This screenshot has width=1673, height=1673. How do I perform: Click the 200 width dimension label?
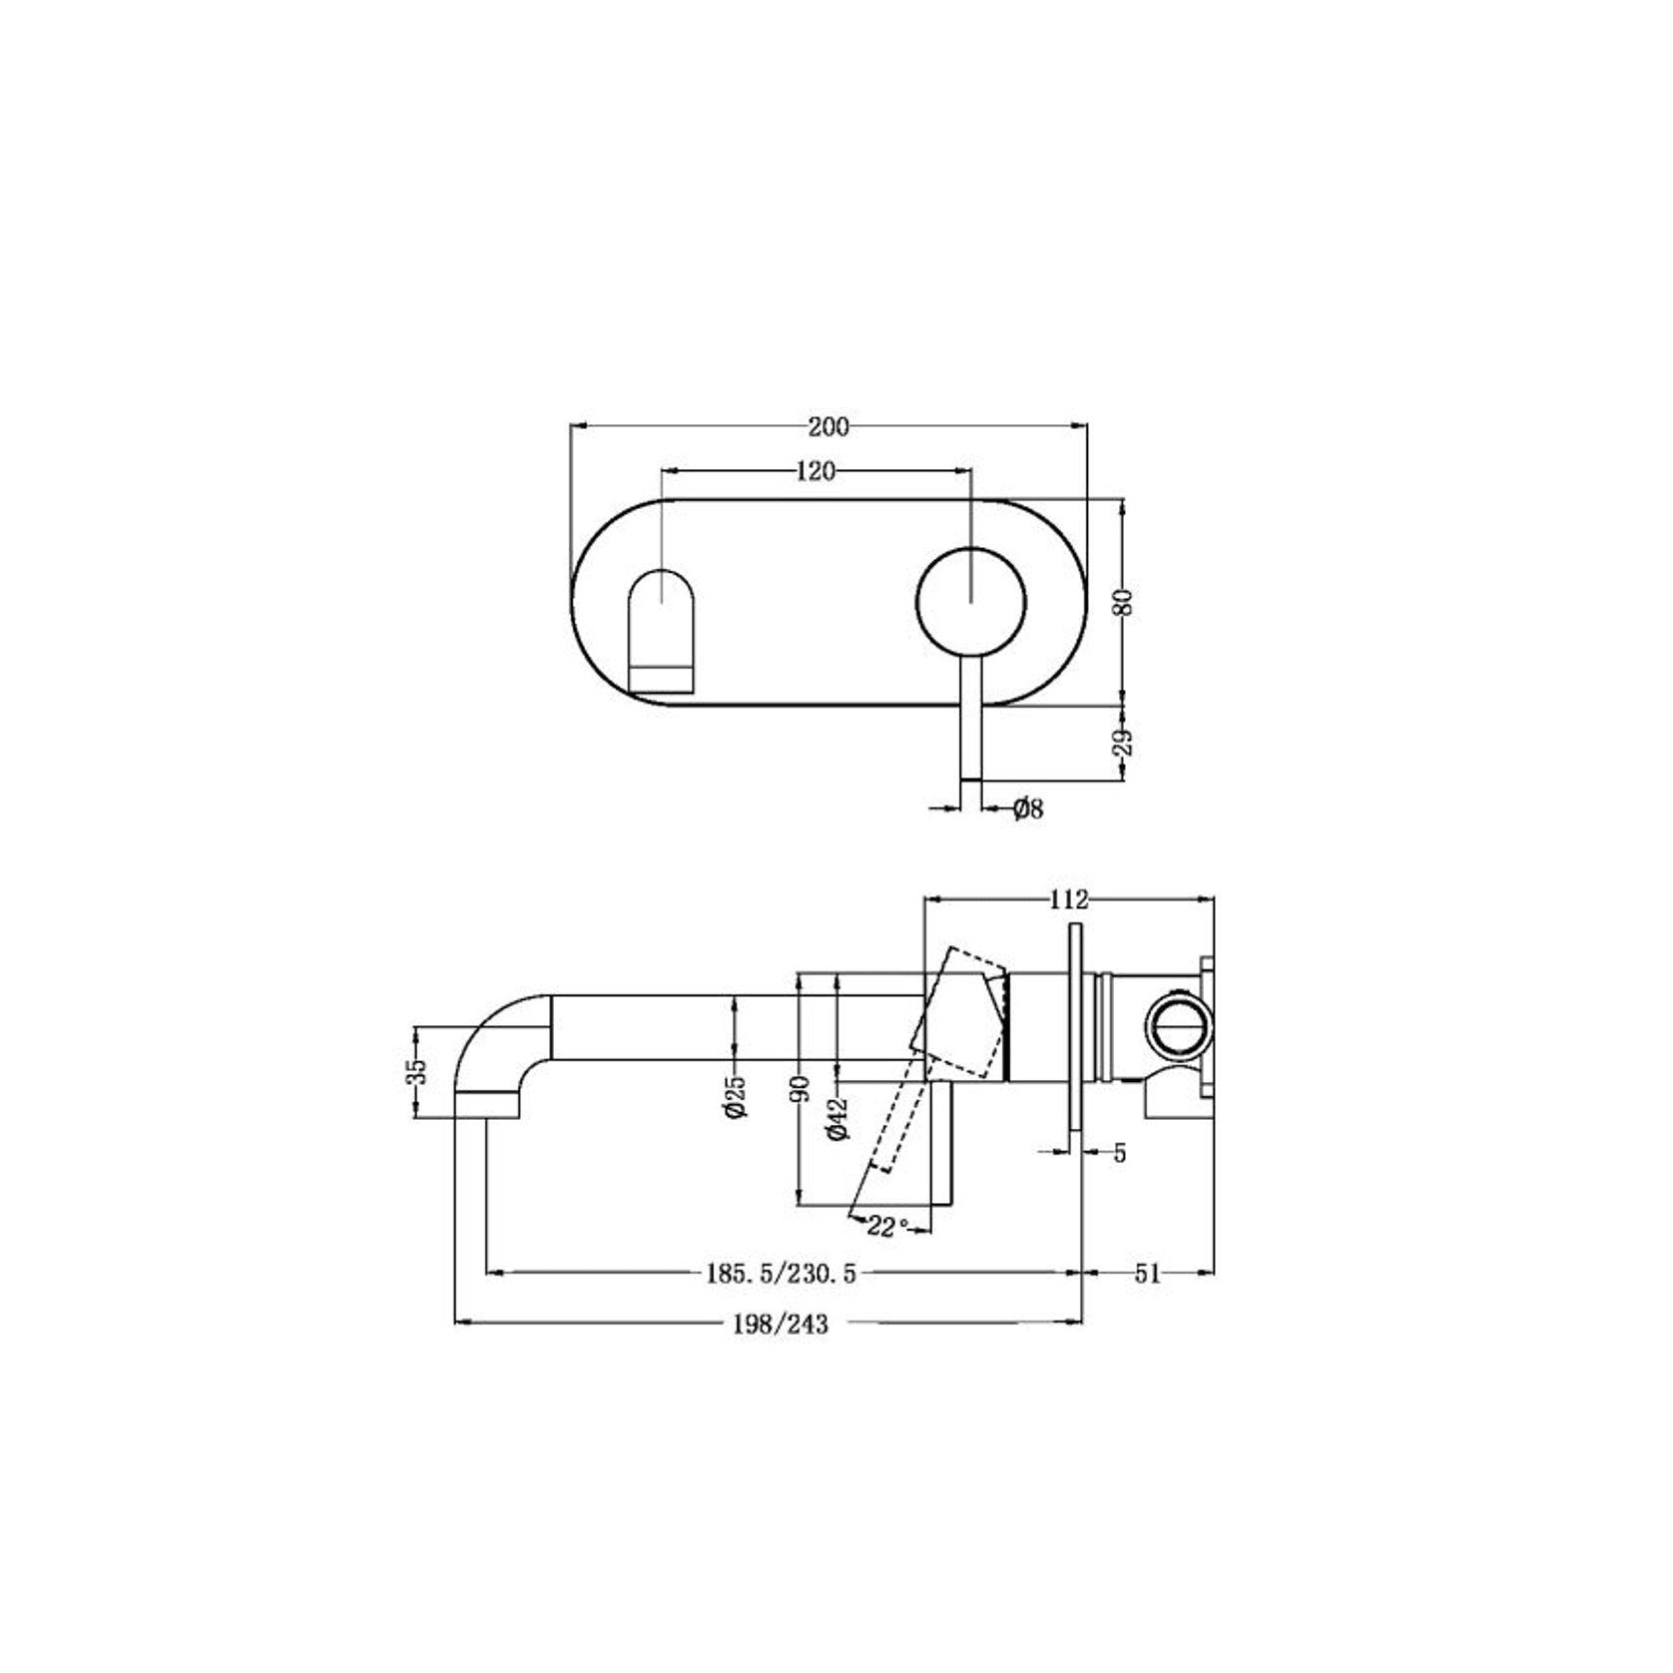point(828,427)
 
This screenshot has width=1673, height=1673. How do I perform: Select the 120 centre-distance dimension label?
point(816,471)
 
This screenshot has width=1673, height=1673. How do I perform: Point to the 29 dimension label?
point(1124,743)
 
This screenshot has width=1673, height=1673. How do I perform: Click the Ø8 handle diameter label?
point(1027,809)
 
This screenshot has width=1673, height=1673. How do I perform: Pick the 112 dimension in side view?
point(1068,899)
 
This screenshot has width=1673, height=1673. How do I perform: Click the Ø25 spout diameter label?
point(736,1096)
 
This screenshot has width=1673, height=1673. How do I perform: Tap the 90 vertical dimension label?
point(800,1089)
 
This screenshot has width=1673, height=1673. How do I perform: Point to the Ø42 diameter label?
point(837,1117)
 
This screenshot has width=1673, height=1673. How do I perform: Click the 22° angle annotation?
point(887,1227)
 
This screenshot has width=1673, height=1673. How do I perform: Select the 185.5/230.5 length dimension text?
point(782,1273)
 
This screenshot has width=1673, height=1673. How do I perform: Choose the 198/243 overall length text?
point(780,1325)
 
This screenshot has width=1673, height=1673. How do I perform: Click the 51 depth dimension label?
point(1148,1273)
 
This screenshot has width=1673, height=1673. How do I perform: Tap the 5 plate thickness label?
point(1120,1153)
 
